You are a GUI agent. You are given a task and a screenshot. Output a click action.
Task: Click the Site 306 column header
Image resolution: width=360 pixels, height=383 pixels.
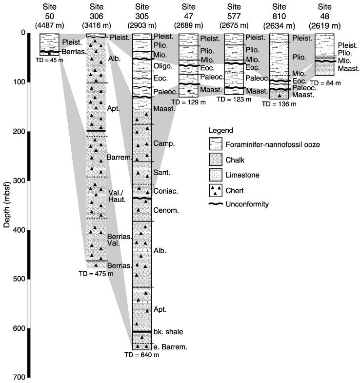[x=97, y=16]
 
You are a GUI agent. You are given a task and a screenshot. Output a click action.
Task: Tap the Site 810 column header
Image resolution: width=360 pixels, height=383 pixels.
[x=279, y=16]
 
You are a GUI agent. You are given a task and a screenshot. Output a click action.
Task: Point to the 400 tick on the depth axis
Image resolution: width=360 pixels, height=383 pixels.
[x=29, y=230]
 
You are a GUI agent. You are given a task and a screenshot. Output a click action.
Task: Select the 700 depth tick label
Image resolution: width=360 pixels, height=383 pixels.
[x=20, y=377]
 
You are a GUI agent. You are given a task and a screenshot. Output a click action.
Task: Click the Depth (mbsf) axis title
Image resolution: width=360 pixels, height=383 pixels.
[x=7, y=204]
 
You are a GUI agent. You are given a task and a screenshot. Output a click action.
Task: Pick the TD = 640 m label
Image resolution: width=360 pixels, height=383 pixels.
[x=141, y=355]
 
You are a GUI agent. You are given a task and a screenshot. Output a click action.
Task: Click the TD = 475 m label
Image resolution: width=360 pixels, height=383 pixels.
[x=96, y=274]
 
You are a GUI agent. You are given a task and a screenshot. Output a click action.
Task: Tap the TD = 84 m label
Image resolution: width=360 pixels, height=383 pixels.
[x=325, y=83]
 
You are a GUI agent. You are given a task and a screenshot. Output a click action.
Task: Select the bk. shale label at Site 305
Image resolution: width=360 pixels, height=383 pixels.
[x=168, y=332]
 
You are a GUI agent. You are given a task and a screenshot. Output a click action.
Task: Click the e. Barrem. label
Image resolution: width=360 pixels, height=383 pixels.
[x=170, y=347]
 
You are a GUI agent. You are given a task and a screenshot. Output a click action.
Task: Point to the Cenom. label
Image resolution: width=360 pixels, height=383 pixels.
[x=166, y=210]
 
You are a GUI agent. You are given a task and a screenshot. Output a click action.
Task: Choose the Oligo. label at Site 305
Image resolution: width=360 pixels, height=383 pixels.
[x=163, y=66]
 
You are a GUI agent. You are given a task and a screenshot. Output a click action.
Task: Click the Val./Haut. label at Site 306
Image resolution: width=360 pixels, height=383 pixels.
[x=117, y=196]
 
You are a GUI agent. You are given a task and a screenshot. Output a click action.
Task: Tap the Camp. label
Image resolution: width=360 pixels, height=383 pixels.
[x=164, y=143]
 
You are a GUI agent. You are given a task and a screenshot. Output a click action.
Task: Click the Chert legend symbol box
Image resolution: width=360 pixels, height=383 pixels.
[x=216, y=190]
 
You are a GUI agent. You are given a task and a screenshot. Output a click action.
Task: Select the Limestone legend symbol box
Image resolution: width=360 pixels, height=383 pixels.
[x=216, y=175]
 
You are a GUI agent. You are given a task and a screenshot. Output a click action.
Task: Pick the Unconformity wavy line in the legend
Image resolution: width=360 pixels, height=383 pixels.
[x=216, y=204]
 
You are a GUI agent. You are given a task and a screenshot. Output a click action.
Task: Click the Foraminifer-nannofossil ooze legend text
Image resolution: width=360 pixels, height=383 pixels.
[x=273, y=144]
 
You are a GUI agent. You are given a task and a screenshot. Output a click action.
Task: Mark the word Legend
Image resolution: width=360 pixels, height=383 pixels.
[x=221, y=131]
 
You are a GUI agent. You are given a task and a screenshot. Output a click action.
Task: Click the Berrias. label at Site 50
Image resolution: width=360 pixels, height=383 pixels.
[x=74, y=52]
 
